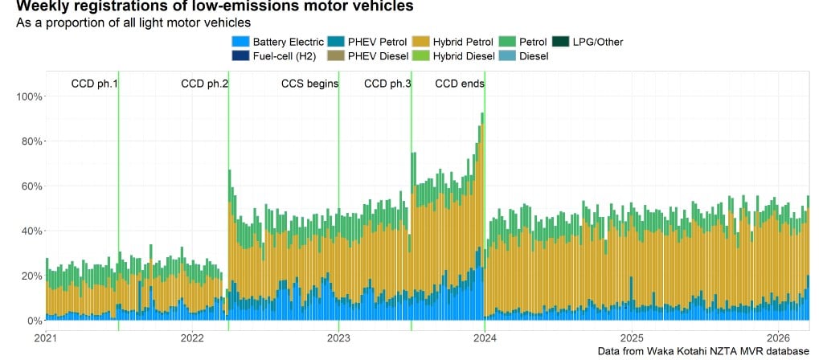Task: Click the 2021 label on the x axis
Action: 46,337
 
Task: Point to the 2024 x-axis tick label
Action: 485,337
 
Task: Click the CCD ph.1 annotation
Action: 95,84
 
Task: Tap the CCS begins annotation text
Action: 309,84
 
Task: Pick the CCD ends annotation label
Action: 460,84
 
